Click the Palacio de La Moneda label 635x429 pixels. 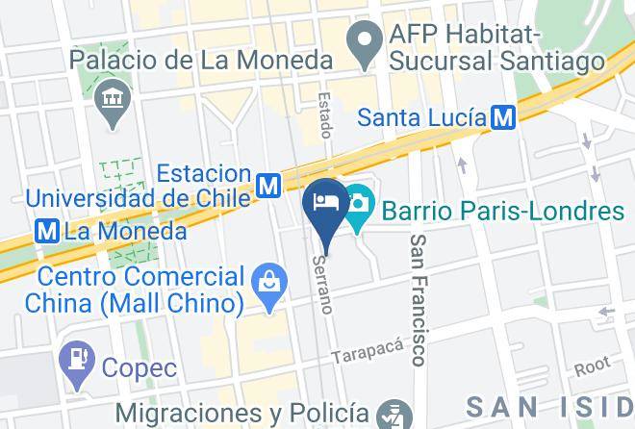point(201,61)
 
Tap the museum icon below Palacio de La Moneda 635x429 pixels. point(114,99)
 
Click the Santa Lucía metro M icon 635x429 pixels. point(501,117)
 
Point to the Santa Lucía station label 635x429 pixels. point(421,117)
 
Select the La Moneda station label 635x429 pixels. point(125,232)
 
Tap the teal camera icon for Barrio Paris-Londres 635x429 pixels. point(359,205)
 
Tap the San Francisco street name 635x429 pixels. point(418,300)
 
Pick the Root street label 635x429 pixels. point(593,366)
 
